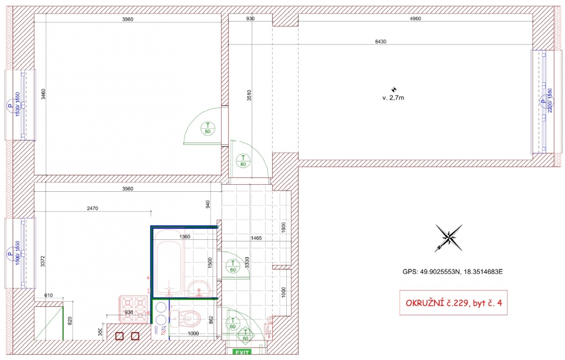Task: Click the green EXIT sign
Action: [x=242, y=352]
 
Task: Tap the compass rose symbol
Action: [x=449, y=238]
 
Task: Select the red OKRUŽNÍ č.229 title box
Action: [x=453, y=303]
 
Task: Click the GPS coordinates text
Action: [x=452, y=271]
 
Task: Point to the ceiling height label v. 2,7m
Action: [x=393, y=98]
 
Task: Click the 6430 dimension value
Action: [x=380, y=41]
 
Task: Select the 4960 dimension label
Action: [x=415, y=18]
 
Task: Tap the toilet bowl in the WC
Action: [x=191, y=318]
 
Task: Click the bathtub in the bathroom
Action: [x=169, y=262]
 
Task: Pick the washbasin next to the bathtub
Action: [x=199, y=289]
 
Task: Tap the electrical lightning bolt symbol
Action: [x=268, y=331]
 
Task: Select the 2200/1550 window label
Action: [x=550, y=100]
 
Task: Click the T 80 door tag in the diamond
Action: [x=245, y=335]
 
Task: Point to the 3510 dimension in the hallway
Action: [x=249, y=96]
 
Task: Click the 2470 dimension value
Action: [x=92, y=208]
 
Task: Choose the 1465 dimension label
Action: [x=256, y=238]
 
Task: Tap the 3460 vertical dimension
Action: [x=43, y=94]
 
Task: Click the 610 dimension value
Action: [x=48, y=295]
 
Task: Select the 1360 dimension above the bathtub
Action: [x=185, y=237]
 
